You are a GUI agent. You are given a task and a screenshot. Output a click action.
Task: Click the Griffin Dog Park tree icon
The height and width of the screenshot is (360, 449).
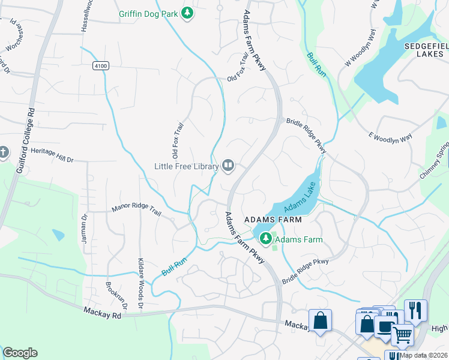point(188,13)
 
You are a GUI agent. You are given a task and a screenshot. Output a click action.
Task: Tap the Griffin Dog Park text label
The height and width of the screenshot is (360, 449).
point(149,13)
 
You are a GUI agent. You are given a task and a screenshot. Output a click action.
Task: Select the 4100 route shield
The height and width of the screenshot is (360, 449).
point(101,66)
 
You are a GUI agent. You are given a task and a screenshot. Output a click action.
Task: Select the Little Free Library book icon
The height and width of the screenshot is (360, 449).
point(228,165)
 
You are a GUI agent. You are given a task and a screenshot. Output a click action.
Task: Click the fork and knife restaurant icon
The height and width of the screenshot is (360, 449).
point(415,310)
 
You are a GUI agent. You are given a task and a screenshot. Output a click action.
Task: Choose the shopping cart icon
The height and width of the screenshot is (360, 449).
point(402,335)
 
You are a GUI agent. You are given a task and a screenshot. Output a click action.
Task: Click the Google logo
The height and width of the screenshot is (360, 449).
point(20,353)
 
